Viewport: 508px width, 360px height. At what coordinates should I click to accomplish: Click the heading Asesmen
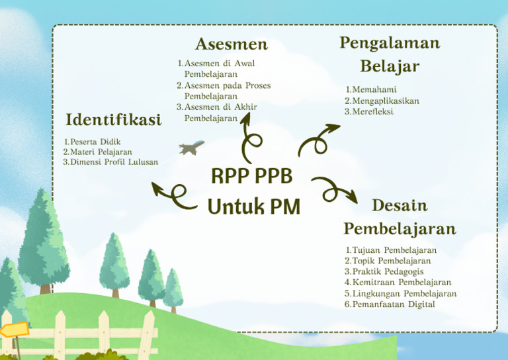(x=231, y=44)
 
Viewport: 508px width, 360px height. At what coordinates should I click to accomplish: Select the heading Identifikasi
(x=114, y=120)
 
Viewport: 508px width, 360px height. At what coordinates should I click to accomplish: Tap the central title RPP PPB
(x=251, y=177)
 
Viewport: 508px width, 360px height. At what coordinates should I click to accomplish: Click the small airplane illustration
(x=192, y=147)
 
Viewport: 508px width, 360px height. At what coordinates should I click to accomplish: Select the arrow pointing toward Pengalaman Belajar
(x=317, y=139)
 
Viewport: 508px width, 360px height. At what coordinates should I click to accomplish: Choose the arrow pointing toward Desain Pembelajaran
(x=334, y=190)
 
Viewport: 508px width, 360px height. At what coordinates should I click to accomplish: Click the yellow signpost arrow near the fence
(x=13, y=329)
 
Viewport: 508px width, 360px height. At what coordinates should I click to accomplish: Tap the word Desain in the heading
(x=400, y=205)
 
